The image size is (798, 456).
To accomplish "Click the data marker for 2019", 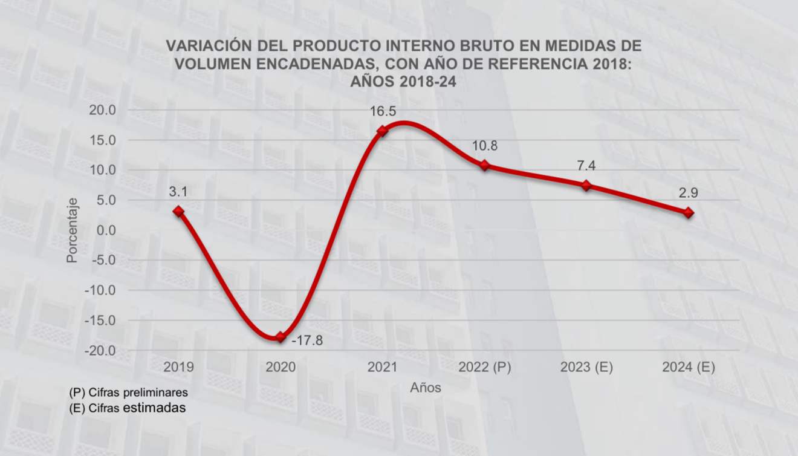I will coord(178,211).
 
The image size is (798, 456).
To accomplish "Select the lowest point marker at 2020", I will coord(280,337).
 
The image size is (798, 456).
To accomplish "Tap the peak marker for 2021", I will coord(382,131).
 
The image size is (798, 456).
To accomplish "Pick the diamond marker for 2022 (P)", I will coord(484,165).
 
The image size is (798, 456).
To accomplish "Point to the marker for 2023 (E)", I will coord(586,185).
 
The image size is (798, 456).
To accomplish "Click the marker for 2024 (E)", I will coord(688,213).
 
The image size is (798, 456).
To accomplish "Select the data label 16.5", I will coord(382,112).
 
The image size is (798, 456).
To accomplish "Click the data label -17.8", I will coord(307,340).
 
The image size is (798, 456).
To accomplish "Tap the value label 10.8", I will coord(484,146).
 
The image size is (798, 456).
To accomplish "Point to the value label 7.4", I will coord(586,166).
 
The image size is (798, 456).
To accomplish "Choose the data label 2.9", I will coord(688,194).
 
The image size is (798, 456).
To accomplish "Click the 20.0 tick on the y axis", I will coord(103,110).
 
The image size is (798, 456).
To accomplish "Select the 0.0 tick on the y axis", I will coord(106,230).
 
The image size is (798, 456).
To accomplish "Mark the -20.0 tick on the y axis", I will coord(102,351).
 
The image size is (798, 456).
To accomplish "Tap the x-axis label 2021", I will coord(382,368).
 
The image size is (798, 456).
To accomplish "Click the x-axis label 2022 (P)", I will coord(484,368).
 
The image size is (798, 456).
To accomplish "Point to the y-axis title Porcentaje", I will coord(72,230).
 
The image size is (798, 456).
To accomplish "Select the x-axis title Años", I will coord(425,388).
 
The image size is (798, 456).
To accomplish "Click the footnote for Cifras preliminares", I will coord(129,392).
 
